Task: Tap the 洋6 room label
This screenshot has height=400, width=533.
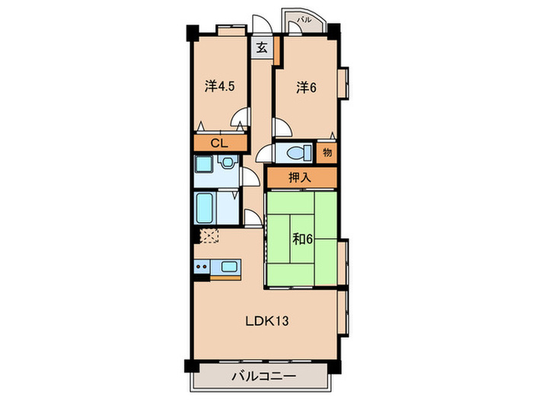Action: [306, 87]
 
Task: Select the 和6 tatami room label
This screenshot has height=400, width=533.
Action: [303, 237]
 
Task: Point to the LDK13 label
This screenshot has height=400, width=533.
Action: [266, 322]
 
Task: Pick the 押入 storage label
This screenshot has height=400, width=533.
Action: [299, 178]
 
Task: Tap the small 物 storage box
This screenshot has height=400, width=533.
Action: [327, 152]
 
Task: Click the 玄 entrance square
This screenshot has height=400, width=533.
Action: [261, 47]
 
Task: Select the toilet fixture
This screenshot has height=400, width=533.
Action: [295, 152]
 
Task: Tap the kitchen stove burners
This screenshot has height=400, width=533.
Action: [201, 267]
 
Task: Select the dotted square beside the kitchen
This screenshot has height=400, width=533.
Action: [209, 235]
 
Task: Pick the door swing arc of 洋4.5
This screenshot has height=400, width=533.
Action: [241, 120]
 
